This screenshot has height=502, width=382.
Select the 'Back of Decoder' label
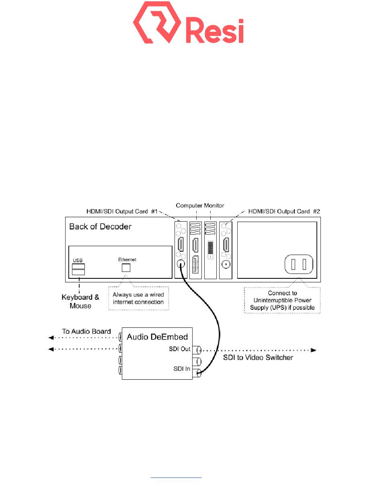[100, 226]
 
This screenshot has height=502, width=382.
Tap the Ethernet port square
[127, 267]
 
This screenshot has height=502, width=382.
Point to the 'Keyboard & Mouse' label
[80, 301]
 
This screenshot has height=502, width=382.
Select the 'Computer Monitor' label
[200, 206]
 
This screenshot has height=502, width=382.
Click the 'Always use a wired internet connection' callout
[138, 298]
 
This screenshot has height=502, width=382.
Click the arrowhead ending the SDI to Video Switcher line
[314, 350]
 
